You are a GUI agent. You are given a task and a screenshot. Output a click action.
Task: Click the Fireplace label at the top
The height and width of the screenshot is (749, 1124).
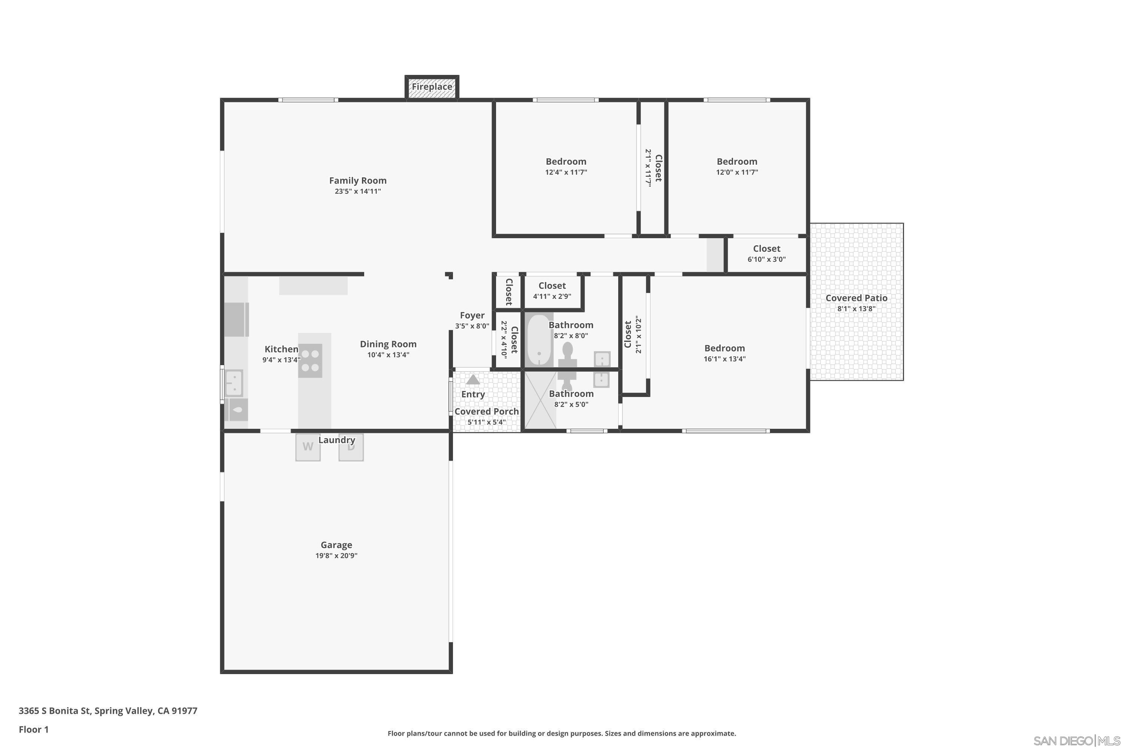point(432,87)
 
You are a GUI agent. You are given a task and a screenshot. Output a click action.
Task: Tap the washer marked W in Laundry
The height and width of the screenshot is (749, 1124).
point(308,447)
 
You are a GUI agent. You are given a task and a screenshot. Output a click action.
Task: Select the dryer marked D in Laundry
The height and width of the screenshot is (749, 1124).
point(351,448)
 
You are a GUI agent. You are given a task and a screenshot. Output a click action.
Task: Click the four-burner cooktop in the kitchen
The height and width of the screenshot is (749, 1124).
point(310,361)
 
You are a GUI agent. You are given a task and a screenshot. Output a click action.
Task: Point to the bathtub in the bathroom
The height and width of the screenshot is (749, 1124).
point(539,340)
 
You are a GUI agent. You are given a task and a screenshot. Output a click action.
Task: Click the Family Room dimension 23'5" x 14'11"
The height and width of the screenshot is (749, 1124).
point(357,191)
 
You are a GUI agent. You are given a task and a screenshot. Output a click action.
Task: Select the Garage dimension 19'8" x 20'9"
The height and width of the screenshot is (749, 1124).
point(336,555)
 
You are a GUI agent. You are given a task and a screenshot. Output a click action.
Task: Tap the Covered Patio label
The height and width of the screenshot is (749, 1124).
point(856,298)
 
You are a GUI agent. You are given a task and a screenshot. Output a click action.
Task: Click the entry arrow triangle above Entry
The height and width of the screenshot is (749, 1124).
point(472,380)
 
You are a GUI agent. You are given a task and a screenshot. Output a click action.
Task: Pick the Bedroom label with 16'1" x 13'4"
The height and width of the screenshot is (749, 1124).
point(724,348)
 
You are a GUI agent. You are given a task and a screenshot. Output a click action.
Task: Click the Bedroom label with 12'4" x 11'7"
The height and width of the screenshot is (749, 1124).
point(566,161)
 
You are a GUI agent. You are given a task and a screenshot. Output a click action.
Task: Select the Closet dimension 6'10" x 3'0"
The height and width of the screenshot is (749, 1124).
point(766,260)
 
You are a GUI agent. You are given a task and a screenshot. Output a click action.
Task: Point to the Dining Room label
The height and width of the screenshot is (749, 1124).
point(388,344)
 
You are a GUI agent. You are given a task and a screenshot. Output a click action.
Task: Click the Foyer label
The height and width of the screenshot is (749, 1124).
point(472,315)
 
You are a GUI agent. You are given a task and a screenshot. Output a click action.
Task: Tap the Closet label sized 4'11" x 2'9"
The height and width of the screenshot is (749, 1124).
point(552,286)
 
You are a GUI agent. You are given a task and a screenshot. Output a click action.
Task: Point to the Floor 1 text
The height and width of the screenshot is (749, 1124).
point(33,730)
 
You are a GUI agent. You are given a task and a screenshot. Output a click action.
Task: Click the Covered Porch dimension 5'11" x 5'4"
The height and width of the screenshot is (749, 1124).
point(486,422)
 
